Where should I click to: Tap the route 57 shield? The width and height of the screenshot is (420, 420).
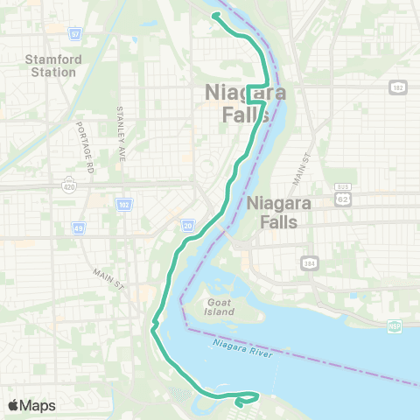[x=75, y=33]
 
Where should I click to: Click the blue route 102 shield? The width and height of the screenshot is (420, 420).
[x=122, y=203]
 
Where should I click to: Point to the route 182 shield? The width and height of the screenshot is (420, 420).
[x=399, y=87]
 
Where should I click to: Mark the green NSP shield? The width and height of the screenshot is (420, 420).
[x=395, y=326]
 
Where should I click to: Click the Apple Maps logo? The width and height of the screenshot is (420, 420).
[x=31, y=405]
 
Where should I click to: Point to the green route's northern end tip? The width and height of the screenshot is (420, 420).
[x=214, y=14]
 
